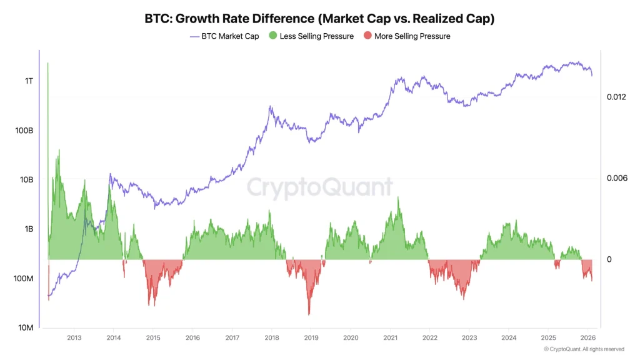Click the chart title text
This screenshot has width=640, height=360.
point(319,18)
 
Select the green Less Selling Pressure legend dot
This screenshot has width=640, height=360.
point(272,36)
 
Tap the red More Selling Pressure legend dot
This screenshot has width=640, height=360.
point(367,36)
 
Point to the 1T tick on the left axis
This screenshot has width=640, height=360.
point(29,81)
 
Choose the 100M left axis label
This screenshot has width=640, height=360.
point(24,278)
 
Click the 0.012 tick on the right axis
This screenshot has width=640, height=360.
point(616,97)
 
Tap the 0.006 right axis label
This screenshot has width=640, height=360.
point(616,178)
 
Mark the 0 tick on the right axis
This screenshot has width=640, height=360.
point(609,259)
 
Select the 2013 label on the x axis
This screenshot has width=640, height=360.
point(74,337)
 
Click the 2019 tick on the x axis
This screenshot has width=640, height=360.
point(311,337)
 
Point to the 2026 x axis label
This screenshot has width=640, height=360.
point(587,337)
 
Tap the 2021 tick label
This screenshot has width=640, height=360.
point(390,337)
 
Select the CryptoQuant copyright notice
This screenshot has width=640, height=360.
point(583,349)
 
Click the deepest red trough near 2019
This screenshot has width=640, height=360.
point(309,314)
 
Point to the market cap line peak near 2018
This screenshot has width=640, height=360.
point(270,107)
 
